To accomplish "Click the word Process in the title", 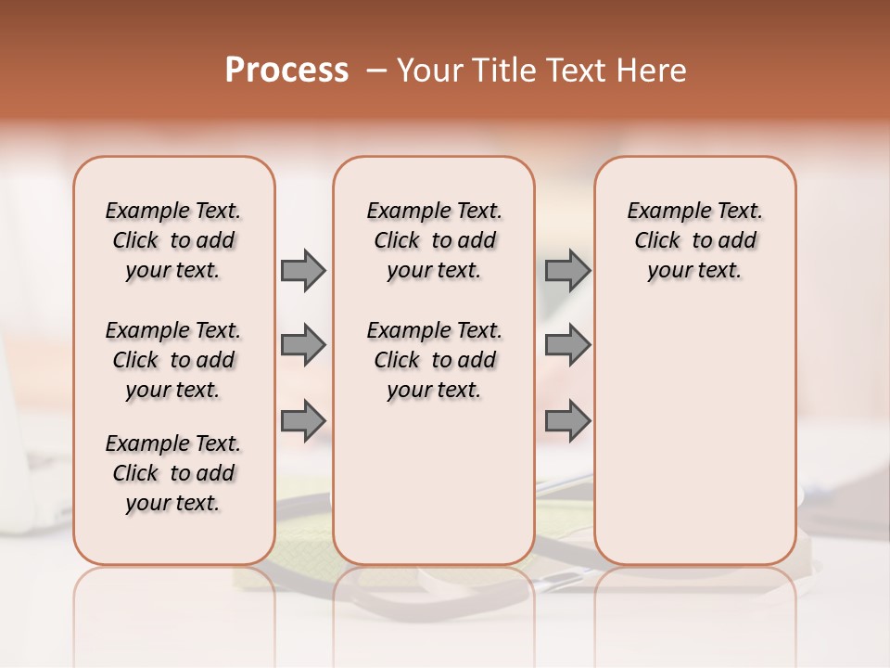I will coord(286,71).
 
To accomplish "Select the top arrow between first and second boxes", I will coord(303,270).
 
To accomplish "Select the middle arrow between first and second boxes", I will coord(303,345).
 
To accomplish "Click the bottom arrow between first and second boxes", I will coord(303,420).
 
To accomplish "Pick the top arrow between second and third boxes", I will coord(567,270).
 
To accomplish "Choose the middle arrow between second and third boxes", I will coord(567,345).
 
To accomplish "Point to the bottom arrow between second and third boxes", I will coord(567,420).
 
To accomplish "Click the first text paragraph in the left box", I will coord(173,240).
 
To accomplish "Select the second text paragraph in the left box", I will coord(173,360).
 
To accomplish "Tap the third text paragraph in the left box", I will coord(173,473).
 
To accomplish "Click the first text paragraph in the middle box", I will coord(434,240).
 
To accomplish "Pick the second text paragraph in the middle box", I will coord(434,360).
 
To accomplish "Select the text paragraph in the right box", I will coord(695,240).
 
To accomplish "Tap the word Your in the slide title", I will coord(429,71).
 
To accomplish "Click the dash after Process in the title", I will coord(376,71).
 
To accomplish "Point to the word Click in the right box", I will coord(657,241).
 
